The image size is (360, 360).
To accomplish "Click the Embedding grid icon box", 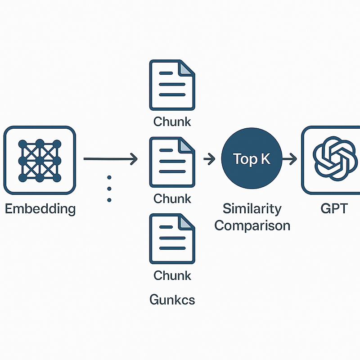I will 40,160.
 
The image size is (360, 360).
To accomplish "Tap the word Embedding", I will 40,209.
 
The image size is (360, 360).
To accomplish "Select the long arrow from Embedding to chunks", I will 110,158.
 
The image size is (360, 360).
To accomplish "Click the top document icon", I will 172,84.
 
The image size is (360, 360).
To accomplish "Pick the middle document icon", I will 172,162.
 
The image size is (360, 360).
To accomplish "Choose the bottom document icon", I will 172,238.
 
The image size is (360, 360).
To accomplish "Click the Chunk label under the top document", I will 172,121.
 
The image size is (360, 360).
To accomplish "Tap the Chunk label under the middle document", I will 172,198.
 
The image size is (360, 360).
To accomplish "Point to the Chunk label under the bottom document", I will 172,275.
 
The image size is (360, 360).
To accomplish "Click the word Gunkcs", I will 172,300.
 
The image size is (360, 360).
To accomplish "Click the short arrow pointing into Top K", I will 209,158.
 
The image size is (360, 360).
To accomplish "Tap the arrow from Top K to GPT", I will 291,158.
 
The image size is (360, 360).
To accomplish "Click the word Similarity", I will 252,209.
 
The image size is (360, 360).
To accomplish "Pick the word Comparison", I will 252,225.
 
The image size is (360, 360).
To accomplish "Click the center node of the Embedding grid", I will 40,160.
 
